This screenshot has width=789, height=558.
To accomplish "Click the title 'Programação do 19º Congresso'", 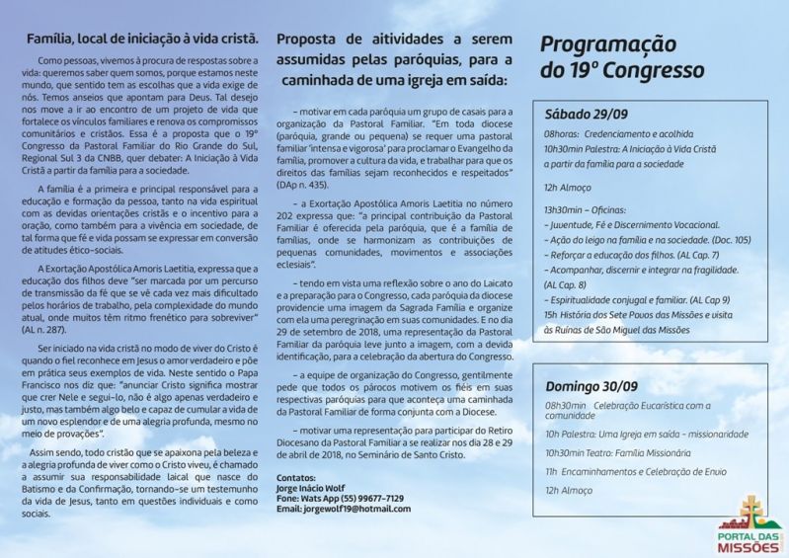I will point(621,57).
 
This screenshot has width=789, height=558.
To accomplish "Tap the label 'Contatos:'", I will point(297,477).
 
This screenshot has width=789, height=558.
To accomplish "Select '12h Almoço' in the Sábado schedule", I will point(569,185).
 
